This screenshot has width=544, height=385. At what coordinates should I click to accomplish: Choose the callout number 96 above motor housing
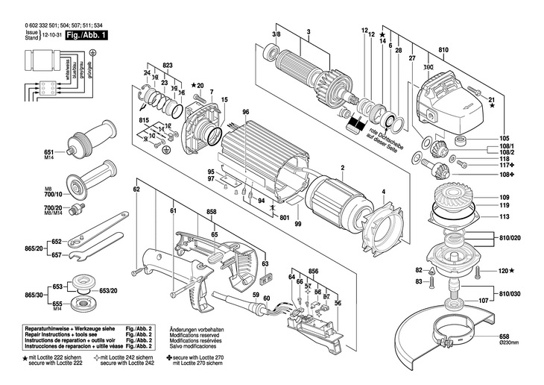point(245,113)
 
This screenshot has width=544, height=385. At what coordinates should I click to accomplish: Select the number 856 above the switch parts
point(313,271)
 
